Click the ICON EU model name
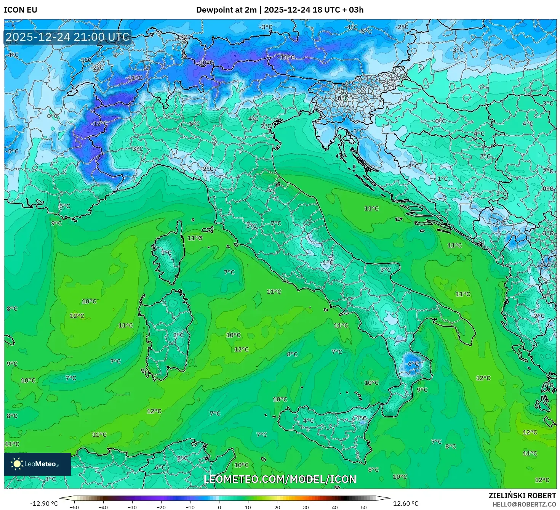pos(21,10)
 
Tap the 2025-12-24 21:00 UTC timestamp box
pos(68,37)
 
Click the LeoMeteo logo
pos(37,464)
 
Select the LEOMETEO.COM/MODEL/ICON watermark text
pos(280,479)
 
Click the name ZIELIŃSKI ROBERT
pos(522,496)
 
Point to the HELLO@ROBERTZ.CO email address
pos(523,504)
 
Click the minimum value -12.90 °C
pos(44,504)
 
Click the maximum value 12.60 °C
pos(406,504)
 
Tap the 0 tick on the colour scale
pos(219,507)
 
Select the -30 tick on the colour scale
pos(132,507)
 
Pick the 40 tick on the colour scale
pos(335,507)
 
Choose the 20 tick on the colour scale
pos(277,507)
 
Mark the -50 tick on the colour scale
pos(74,507)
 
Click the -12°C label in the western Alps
pos(99,124)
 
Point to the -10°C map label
pos(206,63)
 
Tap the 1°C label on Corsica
pos(166,253)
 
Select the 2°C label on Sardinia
pos(178,335)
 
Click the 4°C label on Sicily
pos(308,421)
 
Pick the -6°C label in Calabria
pos(412,364)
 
